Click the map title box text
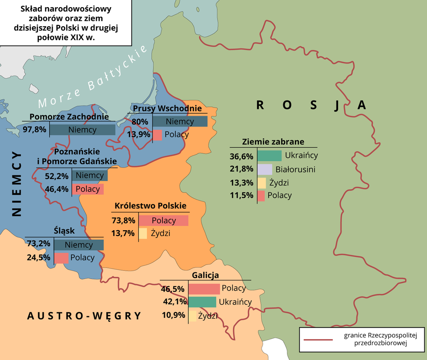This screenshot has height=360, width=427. pyautogui.click(x=66, y=23)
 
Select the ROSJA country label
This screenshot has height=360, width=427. pyautogui.click(x=311, y=105)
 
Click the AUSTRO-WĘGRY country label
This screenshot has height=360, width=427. pyautogui.click(x=84, y=316)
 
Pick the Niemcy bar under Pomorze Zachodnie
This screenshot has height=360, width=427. pyautogui.click(x=82, y=130)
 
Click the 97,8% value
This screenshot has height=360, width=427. pyautogui.click(x=34, y=130)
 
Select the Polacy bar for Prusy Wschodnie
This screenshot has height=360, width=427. pyautogui.click(x=157, y=135)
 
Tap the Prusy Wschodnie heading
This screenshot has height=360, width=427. pyautogui.click(x=167, y=108)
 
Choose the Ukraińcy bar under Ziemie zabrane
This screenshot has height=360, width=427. pyautogui.click(x=270, y=156)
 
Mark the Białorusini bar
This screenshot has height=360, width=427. pyautogui.click(x=265, y=169)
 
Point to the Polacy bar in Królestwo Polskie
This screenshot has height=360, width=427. pyautogui.click(x=164, y=220)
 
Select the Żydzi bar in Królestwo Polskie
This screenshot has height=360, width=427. pyautogui.click(x=143, y=233)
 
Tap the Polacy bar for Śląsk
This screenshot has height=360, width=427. pyautogui.click(x=61, y=258)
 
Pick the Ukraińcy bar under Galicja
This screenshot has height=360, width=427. pyautogui.click(x=202, y=302)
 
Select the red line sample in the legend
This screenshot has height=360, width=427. pyautogui.click(x=318, y=340)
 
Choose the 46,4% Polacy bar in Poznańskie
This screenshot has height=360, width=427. pyautogui.click(x=88, y=189)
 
